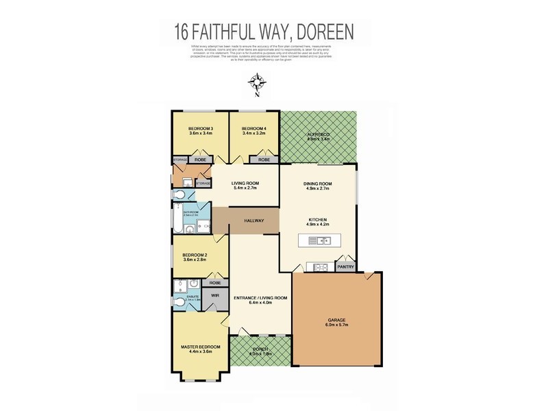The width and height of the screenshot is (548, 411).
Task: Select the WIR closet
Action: (214, 295)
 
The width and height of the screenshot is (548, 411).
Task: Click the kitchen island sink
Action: (321, 240)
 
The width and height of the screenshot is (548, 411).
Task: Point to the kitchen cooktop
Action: (319, 266)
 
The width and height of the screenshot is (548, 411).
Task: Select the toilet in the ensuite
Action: (179, 302)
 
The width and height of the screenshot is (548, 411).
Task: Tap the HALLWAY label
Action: (254, 221)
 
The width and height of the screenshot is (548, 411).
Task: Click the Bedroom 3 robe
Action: (200, 159)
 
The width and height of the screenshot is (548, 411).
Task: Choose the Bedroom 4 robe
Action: (263, 159)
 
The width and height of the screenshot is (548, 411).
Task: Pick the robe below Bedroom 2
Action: (214, 282)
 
